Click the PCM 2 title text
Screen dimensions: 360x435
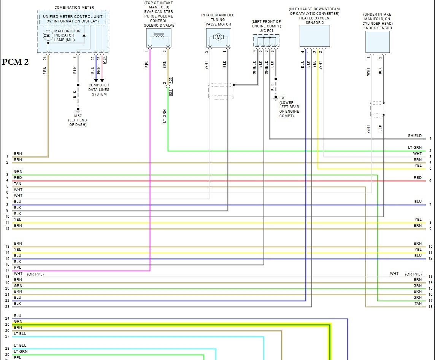(16, 62)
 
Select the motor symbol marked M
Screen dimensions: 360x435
(218, 37)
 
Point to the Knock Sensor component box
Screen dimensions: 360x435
(378, 42)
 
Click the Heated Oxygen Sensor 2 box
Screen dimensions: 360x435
(314, 36)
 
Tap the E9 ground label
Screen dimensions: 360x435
(282, 98)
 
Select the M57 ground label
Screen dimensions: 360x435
(78, 116)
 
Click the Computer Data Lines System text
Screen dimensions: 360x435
(99, 90)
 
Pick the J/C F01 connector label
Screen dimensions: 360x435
(266, 31)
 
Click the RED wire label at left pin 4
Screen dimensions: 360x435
(18, 178)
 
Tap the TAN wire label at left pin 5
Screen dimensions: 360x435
(18, 184)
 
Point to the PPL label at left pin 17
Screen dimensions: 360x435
(17, 268)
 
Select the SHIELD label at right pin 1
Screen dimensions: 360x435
(414, 136)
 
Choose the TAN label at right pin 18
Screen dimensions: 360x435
(418, 304)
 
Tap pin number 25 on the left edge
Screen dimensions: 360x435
(7, 325)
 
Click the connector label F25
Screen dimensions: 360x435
(171, 80)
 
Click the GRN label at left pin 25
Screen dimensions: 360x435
(18, 322)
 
